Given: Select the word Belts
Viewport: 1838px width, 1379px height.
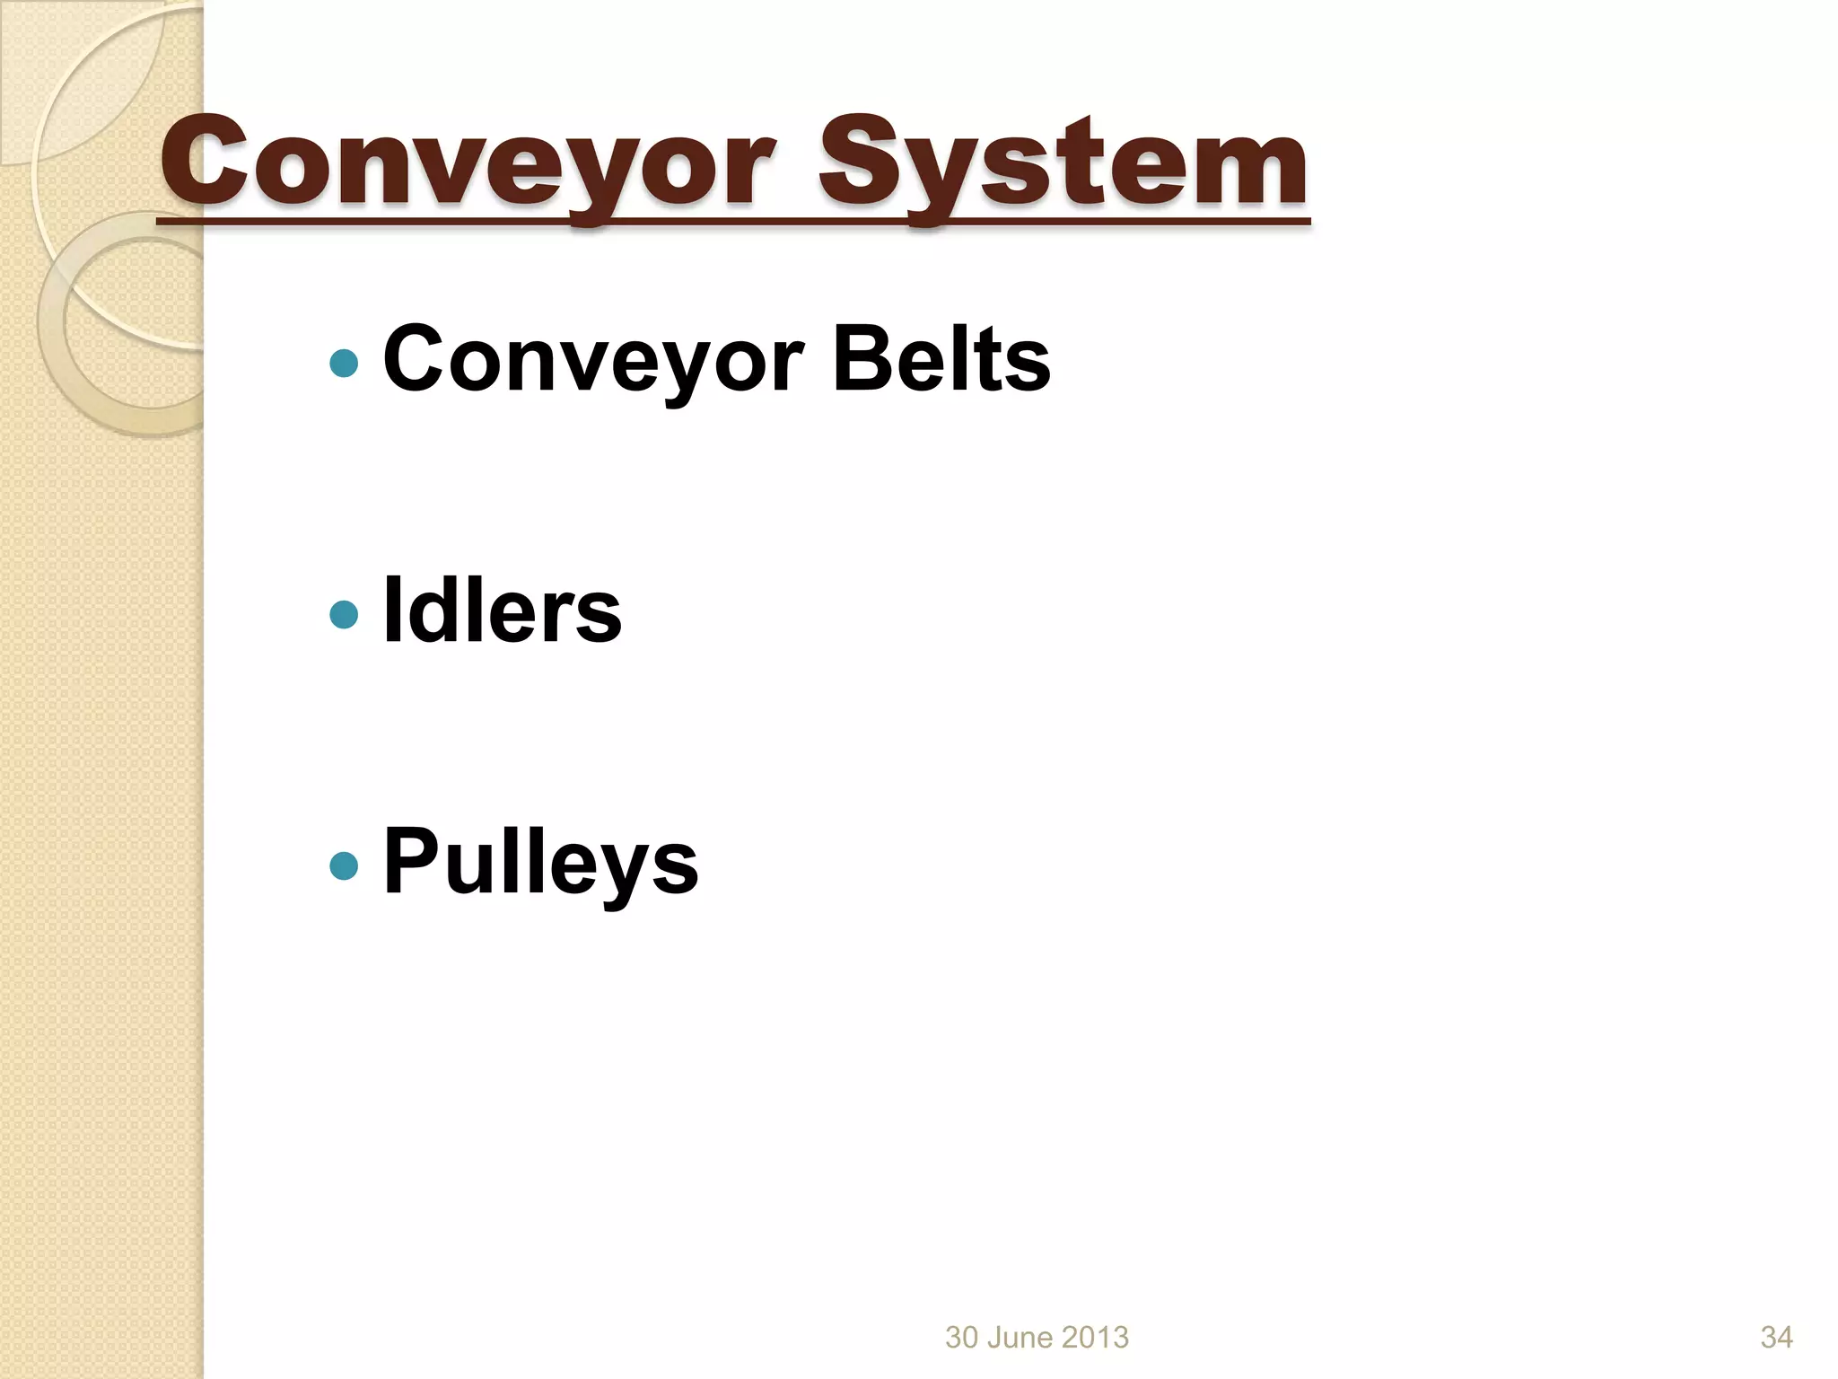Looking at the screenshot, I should tap(941, 359).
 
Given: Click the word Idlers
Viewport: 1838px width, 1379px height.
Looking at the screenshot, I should tap(502, 610).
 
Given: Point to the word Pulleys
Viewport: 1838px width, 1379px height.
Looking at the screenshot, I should tap(540, 862).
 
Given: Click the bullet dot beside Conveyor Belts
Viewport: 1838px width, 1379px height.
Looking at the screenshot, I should tap(344, 364).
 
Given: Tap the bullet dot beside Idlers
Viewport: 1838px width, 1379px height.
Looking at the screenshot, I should tap(344, 615).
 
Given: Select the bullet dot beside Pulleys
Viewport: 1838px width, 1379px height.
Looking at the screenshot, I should tap(344, 866).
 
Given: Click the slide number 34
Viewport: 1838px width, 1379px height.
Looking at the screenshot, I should tap(1776, 1337).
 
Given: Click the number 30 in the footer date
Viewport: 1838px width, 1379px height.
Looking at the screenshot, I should tap(961, 1337).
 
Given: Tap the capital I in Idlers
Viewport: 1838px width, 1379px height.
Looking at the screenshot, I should tap(390, 610).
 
